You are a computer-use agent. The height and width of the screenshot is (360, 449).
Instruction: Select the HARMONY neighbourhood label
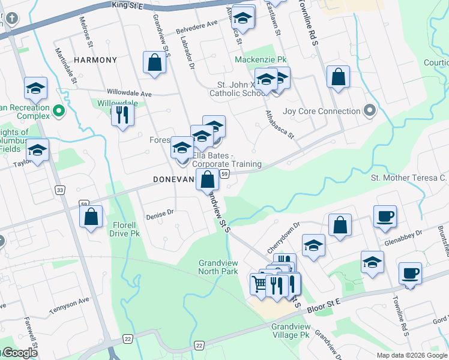(95, 60)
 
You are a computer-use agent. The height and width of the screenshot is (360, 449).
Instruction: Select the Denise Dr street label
(160, 212)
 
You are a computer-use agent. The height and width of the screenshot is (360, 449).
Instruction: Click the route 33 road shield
(59, 190)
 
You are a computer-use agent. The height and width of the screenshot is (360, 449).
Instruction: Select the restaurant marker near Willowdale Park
(122, 114)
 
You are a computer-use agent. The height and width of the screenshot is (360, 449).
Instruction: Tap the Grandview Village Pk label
(290, 331)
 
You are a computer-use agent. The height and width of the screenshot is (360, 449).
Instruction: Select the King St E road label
(129, 5)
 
